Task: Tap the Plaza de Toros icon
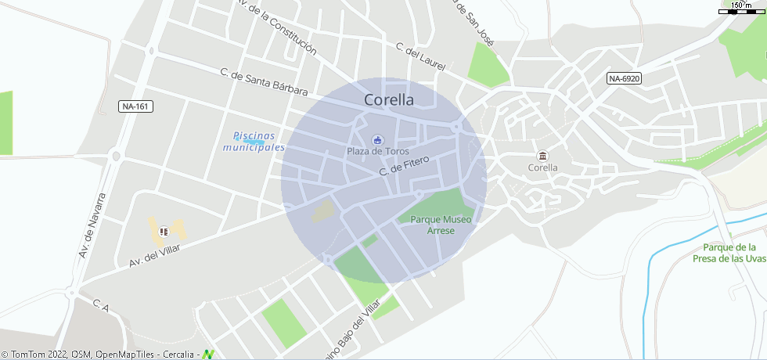pyautogui.click(x=378, y=139)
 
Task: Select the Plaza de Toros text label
pyautogui.click(x=378, y=151)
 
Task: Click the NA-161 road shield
pyautogui.click(x=135, y=106)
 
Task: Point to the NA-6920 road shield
pyautogui.click(x=625, y=78)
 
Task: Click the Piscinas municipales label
pyautogui.click(x=254, y=142)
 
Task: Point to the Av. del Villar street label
pyautogui.click(x=154, y=256)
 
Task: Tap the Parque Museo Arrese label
pyautogui.click(x=441, y=225)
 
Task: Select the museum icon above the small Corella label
pyautogui.click(x=542, y=155)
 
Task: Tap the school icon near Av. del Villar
pyautogui.click(x=164, y=231)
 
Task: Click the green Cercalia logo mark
pyautogui.click(x=208, y=355)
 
